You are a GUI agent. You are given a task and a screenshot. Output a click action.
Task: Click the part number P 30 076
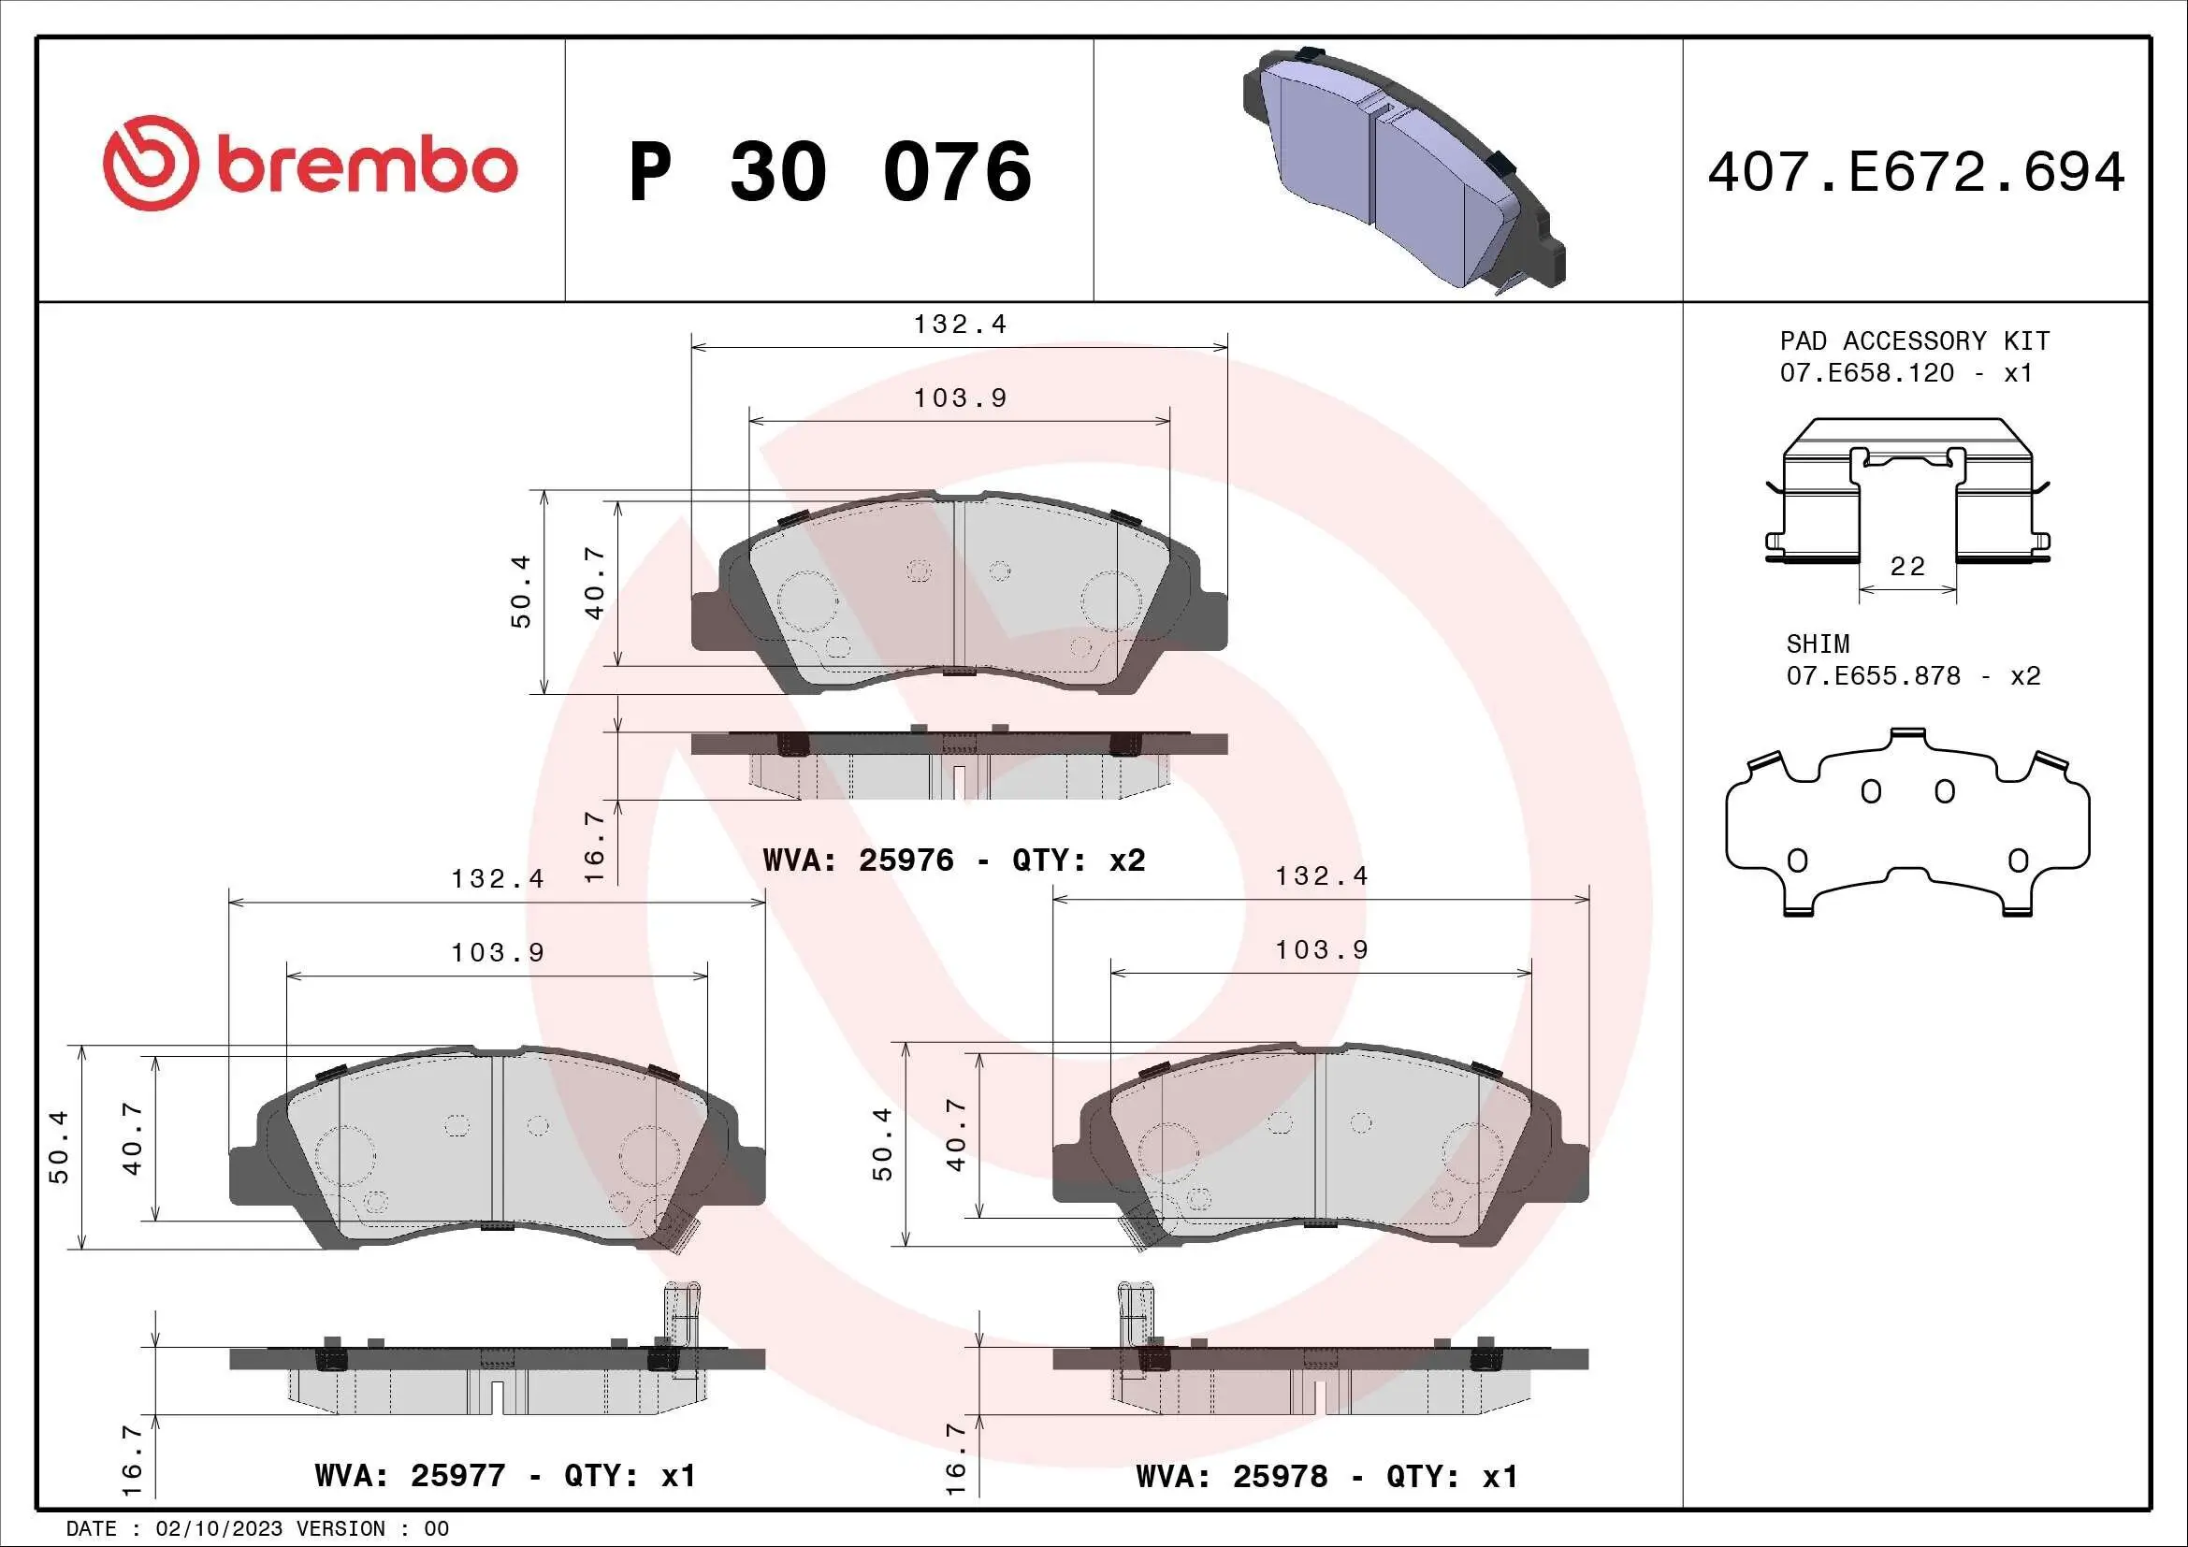click(x=830, y=172)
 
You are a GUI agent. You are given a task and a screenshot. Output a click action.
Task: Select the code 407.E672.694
click(x=1916, y=172)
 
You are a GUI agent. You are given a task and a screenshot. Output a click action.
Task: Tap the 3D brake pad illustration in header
click(x=1402, y=167)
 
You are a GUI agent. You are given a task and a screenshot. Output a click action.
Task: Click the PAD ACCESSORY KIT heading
click(x=1915, y=341)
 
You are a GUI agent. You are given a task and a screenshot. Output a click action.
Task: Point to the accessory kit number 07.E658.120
click(x=1867, y=372)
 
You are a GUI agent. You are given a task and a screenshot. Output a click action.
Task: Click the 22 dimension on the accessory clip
click(x=1906, y=567)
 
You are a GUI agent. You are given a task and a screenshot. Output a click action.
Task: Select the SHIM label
click(x=1818, y=643)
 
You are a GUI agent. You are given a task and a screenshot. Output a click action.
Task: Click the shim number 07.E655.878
click(x=1873, y=676)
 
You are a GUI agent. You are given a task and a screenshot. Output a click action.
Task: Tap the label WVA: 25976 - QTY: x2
click(x=954, y=860)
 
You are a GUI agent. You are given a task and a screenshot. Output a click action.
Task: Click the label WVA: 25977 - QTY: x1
click(x=505, y=1476)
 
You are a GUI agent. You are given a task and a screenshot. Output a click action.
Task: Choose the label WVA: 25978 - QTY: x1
click(x=1326, y=1476)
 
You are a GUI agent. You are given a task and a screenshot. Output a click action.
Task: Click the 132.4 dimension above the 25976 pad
click(x=960, y=324)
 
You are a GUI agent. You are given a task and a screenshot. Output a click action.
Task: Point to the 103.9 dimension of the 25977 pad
click(x=498, y=951)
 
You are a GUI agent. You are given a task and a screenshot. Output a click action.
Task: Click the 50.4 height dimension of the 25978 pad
click(x=882, y=1144)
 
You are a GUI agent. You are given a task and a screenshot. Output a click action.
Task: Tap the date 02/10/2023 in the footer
click(x=218, y=1528)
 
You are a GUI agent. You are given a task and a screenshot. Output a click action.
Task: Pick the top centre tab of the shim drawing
click(x=1905, y=734)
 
